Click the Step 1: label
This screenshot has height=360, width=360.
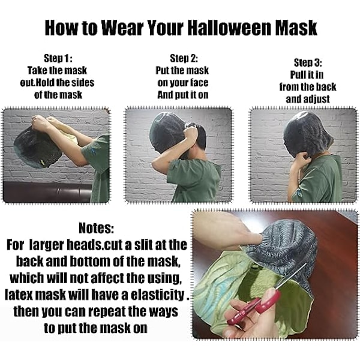[x=58, y=58]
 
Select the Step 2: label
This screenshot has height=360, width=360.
[x=184, y=58]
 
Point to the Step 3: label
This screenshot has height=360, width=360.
[x=308, y=62]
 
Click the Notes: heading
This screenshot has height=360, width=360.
[x=96, y=228]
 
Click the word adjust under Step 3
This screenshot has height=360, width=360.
[x=317, y=99]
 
